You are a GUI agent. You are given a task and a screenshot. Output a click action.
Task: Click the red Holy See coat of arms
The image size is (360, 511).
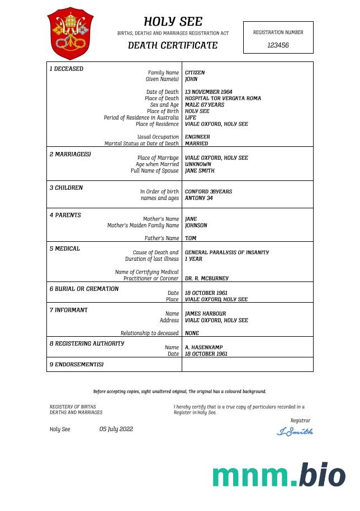pos(70,34)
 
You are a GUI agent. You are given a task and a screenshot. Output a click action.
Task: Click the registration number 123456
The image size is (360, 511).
pos(278,45)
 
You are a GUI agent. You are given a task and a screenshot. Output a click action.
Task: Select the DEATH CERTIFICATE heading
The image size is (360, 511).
pos(173,45)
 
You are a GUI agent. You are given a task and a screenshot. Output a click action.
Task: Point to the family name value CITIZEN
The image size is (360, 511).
pos(195,73)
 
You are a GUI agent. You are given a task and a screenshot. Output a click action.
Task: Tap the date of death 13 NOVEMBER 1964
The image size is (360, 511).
pos(209,92)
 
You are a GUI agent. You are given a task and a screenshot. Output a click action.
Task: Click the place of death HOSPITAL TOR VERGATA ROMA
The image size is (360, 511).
pos(222,98)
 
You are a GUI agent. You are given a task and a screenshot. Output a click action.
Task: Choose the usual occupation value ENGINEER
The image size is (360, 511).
pos(197,137)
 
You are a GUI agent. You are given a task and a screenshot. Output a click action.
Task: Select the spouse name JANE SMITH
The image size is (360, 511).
pos(200,171)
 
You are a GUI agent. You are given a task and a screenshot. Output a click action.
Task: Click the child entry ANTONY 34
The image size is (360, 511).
pos(198,198)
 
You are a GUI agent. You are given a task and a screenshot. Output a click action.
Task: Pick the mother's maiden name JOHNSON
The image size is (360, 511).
pos(196,226)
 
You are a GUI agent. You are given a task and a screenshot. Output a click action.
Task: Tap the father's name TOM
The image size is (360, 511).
pos(190,238)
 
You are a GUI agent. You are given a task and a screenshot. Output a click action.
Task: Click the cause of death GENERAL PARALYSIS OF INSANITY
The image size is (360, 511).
pos(226,252)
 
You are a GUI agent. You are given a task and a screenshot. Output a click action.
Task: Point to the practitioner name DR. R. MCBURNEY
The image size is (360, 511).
pos(206,278)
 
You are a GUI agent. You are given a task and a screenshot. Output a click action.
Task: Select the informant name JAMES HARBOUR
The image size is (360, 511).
pos(205,314)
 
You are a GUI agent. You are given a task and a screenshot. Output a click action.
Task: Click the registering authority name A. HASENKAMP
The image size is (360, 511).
pos(203,347)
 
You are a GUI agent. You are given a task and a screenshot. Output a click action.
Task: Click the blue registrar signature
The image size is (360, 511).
pos(295,431)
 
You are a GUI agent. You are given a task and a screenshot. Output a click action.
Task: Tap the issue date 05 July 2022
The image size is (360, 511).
pos(116,429)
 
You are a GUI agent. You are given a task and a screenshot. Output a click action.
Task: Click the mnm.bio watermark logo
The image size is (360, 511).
pos(278,475)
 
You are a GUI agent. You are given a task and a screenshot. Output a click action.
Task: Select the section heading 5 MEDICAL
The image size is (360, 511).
pos(65,249)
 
